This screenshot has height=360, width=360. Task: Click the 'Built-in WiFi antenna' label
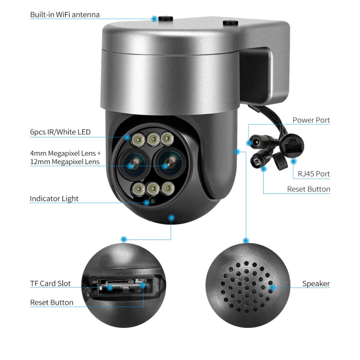(x=65, y=14)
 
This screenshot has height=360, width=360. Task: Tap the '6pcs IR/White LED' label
(x=60, y=132)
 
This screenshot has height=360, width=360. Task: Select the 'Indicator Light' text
(x=54, y=198)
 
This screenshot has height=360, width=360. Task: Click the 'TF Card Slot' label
(x=50, y=283)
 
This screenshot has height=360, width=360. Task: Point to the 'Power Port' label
(x=311, y=120)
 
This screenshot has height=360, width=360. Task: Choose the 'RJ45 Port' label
(x=313, y=174)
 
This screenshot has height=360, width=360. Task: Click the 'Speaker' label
(x=316, y=283)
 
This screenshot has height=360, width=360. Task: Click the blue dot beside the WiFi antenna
(x=154, y=19)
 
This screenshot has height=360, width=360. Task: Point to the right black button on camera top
(x=230, y=22)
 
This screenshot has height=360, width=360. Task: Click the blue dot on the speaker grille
(x=272, y=288)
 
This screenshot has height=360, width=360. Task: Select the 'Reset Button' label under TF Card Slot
(x=52, y=302)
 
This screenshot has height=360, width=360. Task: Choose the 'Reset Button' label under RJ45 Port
(x=309, y=189)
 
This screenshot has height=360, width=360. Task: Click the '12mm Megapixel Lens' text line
(x=65, y=162)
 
